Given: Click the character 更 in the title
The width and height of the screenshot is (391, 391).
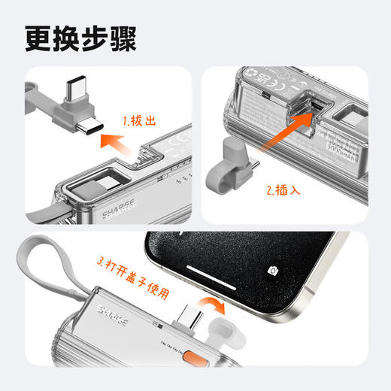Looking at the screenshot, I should (38, 39).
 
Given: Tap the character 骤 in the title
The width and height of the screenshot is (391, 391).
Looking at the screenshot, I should (122, 39).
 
